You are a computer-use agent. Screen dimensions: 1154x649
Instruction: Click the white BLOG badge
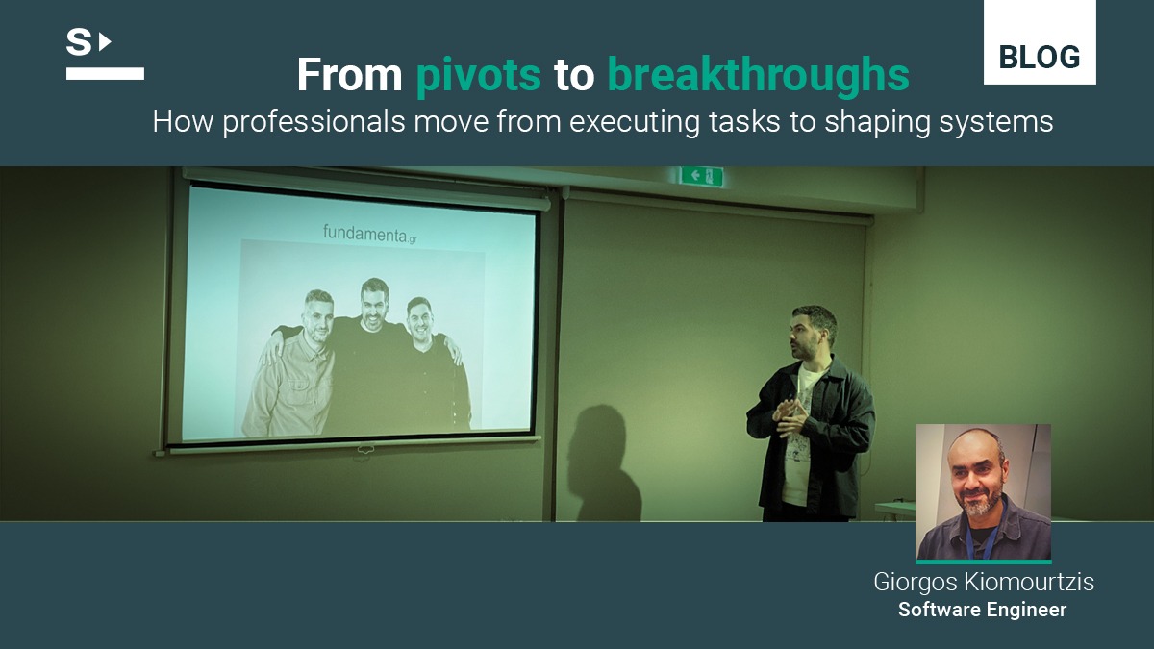click(x=1040, y=41)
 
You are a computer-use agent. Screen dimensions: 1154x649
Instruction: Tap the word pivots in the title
click(x=478, y=75)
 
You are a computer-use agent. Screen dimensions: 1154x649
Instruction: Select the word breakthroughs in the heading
click(x=759, y=75)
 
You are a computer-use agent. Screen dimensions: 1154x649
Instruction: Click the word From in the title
click(x=349, y=75)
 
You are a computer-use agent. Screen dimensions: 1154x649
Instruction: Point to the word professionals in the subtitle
click(x=314, y=123)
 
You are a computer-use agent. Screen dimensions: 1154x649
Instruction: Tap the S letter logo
click(x=79, y=42)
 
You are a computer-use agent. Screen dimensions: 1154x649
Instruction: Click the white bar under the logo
click(x=105, y=74)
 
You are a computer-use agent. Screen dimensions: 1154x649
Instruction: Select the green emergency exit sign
click(x=701, y=176)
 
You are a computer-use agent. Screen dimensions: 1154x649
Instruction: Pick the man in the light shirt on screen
click(x=293, y=364)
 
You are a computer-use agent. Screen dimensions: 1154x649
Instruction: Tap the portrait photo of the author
click(x=983, y=492)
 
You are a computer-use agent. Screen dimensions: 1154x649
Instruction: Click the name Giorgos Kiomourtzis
click(x=984, y=582)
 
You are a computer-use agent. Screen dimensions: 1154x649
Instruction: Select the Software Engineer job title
click(x=983, y=610)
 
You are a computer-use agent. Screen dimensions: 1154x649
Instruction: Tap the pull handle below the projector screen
click(x=364, y=450)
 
